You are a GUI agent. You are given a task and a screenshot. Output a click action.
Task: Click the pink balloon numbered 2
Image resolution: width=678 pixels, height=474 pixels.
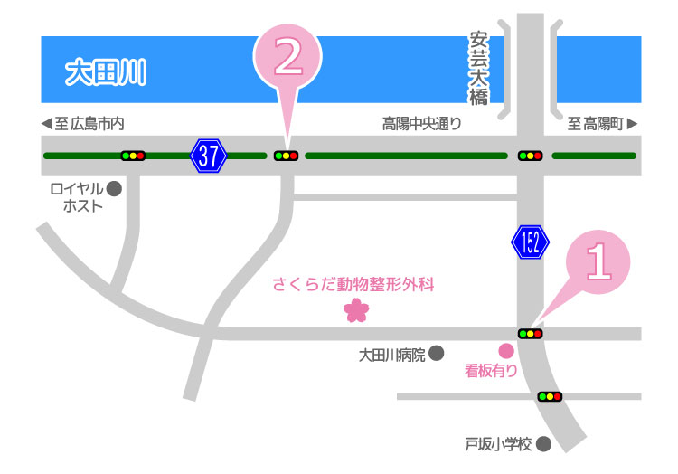(x=287, y=57)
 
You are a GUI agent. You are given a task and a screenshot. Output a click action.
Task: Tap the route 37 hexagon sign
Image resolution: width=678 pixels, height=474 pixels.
(x=208, y=156)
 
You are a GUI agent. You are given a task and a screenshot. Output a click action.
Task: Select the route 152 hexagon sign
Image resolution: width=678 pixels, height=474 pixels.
(x=530, y=242)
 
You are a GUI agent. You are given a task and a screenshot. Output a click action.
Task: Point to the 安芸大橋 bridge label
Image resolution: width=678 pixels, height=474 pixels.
(x=478, y=69)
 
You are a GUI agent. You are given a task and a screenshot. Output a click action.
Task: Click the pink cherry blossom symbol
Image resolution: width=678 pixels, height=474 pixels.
(x=356, y=310)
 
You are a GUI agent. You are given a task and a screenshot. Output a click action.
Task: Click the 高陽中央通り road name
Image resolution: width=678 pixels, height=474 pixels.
(x=421, y=124)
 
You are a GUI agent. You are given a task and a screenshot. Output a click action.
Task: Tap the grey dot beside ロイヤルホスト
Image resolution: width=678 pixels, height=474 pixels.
(x=114, y=189)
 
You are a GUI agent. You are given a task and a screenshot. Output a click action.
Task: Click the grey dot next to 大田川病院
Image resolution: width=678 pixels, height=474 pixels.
(x=436, y=353)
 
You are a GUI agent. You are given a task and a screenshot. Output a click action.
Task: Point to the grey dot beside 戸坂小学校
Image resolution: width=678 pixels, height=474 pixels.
(x=543, y=444)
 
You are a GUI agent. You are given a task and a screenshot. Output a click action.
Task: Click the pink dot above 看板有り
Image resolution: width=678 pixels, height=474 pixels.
(x=506, y=350)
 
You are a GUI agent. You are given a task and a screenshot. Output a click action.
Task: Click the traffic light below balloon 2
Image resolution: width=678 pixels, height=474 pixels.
(x=287, y=156)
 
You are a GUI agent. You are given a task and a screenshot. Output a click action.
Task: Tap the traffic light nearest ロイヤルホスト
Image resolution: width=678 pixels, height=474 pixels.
(x=134, y=156)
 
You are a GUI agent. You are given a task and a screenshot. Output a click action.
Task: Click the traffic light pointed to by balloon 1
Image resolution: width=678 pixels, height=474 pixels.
(x=530, y=334)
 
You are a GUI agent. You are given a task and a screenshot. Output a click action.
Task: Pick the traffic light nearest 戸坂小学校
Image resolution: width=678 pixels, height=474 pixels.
(x=550, y=396)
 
